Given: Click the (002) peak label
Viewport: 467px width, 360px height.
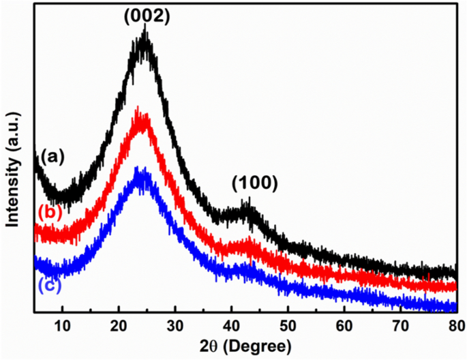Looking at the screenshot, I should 146,16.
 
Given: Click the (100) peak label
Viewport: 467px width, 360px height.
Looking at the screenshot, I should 254,182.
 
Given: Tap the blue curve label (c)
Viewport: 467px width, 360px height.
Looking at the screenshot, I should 48,284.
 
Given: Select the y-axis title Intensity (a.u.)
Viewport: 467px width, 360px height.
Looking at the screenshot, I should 13,158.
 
